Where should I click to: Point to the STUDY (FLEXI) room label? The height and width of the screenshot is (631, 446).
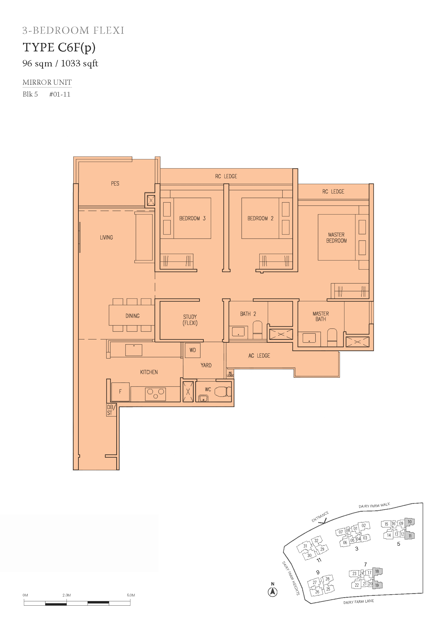(x=190, y=320)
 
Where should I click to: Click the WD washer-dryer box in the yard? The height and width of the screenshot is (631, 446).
(x=193, y=350)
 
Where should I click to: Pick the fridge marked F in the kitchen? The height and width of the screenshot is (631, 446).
(x=120, y=392)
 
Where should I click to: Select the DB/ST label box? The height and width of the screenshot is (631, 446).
(x=111, y=410)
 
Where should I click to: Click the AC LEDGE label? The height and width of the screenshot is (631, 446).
(x=259, y=356)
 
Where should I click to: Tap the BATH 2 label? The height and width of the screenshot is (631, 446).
(x=248, y=314)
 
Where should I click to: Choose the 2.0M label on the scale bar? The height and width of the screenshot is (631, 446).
(x=67, y=595)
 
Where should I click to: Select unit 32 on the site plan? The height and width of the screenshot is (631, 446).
(x=316, y=541)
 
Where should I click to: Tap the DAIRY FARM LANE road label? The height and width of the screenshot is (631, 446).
(x=359, y=602)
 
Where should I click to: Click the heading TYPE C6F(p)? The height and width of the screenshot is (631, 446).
(x=59, y=47)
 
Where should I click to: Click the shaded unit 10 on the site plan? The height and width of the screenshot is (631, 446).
(x=410, y=522)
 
